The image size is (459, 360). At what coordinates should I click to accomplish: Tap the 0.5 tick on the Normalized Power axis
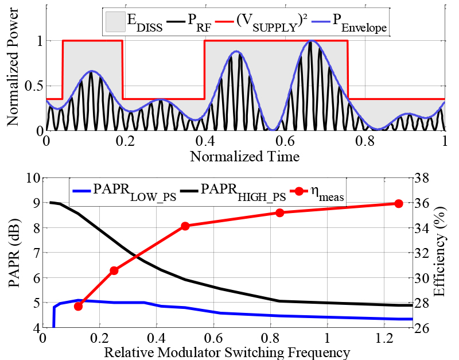[33, 86]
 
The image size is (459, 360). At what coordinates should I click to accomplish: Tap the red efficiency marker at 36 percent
[399, 204]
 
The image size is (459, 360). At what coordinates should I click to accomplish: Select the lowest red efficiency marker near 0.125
[79, 306]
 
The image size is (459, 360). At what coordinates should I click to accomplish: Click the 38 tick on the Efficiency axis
[425, 178]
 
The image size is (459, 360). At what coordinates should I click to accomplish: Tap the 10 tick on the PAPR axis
[30, 178]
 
